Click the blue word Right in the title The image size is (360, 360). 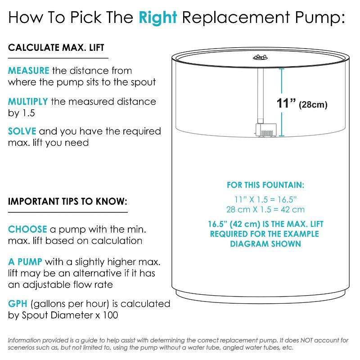click(x=158, y=18)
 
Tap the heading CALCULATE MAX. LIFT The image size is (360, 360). click(x=56, y=48)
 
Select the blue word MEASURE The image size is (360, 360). click(x=28, y=71)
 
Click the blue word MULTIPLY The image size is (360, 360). click(x=28, y=102)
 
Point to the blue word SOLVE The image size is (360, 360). click(x=22, y=131)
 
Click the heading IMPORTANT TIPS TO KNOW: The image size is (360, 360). click(x=67, y=201)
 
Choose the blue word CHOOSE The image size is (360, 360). click(x=27, y=229)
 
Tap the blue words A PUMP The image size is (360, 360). click(x=25, y=262)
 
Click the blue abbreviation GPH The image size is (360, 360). click(x=18, y=304)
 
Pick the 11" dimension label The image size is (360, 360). click(x=286, y=103)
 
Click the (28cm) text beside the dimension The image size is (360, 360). click(x=313, y=105)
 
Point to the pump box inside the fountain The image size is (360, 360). click(x=266, y=130)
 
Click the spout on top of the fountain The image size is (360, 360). click(x=261, y=57)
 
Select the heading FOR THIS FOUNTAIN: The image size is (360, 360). click(x=265, y=185)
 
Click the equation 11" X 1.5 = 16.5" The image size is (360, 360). click(x=265, y=199)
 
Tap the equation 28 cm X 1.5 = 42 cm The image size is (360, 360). click(x=265, y=209)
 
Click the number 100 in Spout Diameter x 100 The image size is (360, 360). click(x=110, y=315)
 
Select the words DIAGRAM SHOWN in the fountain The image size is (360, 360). click(x=265, y=244)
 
